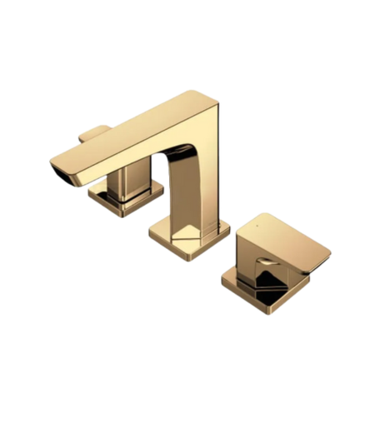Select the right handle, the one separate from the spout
[x=275, y=258]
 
